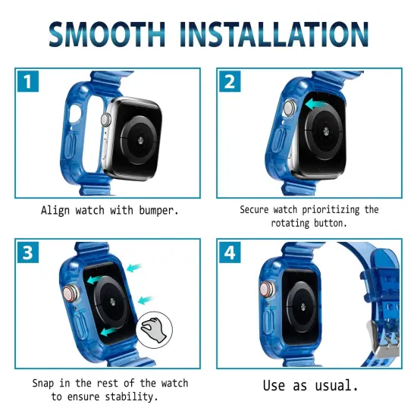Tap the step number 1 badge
pos(27,80)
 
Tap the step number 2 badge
pos(230,80)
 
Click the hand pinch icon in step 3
pos(154,328)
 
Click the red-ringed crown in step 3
pos(67,291)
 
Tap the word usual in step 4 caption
pos(333,386)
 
